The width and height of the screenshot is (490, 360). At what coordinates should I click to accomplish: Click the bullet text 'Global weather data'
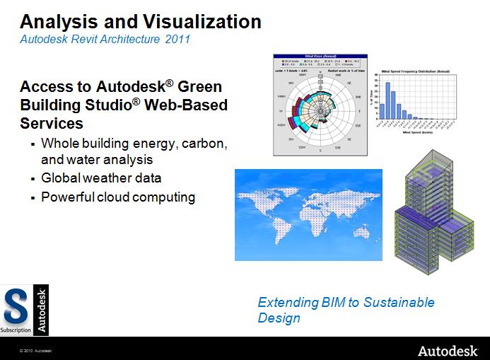click(101, 178)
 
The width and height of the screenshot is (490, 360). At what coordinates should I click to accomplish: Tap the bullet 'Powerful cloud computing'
click(117, 197)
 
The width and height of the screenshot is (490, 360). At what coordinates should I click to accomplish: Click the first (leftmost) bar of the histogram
click(383, 110)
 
